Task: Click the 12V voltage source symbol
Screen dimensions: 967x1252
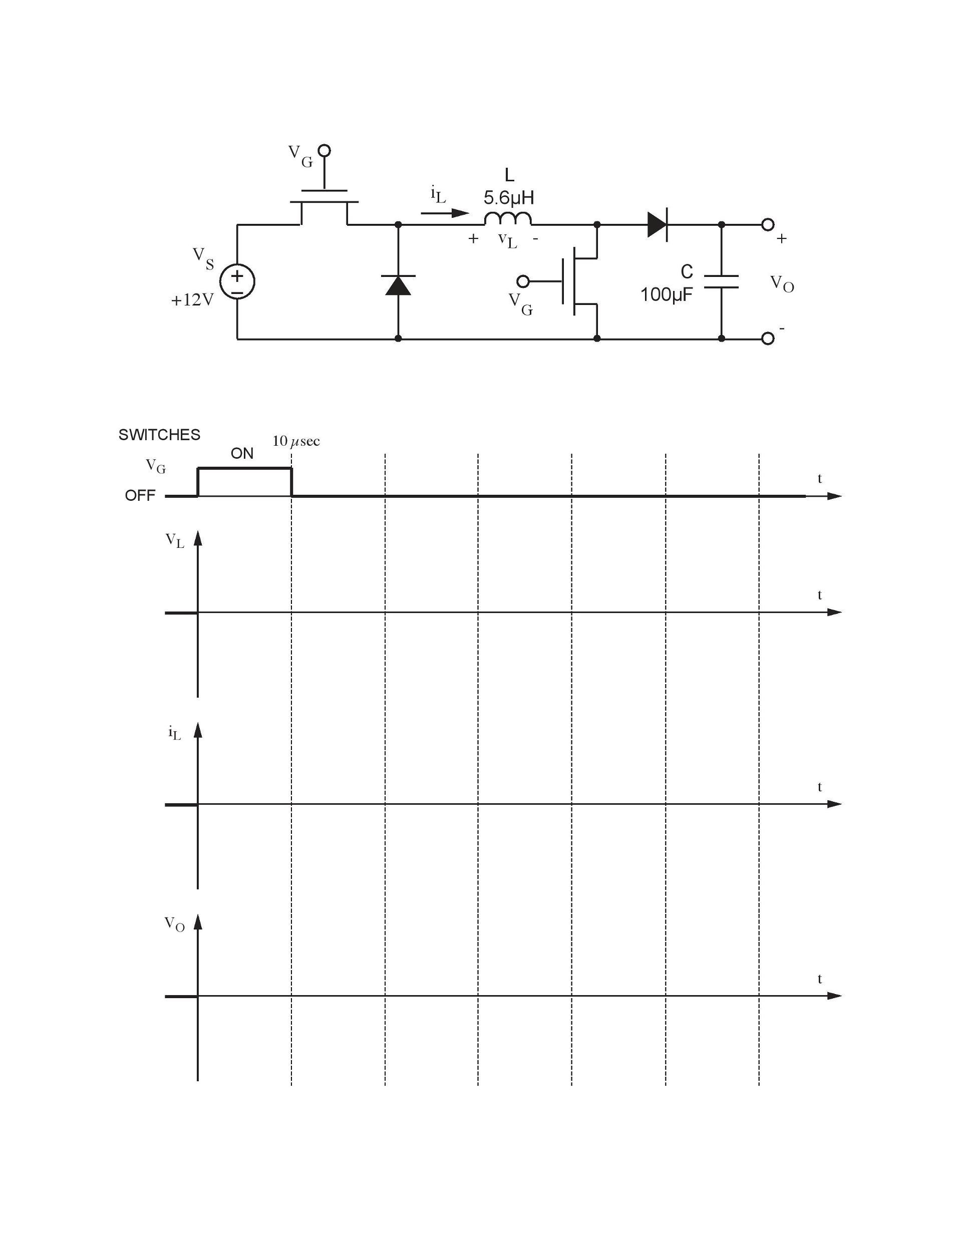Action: click(x=237, y=281)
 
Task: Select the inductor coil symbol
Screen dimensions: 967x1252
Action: click(x=508, y=218)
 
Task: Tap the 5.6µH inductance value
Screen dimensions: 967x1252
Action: click(x=508, y=198)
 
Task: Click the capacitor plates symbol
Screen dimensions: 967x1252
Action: click(x=721, y=281)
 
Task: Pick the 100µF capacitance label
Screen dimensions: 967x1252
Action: click(x=666, y=294)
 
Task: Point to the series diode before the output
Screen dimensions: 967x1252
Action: click(x=658, y=225)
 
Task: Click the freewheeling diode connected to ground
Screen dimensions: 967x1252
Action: click(x=399, y=285)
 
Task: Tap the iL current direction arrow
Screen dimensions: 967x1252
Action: click(x=445, y=213)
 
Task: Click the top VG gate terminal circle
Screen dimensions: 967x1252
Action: click(x=324, y=151)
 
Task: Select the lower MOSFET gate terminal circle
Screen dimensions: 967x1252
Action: click(x=523, y=281)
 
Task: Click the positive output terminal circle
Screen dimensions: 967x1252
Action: click(x=768, y=225)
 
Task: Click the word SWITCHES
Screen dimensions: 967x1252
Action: click(x=159, y=435)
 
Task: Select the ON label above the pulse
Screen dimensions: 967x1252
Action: click(x=242, y=453)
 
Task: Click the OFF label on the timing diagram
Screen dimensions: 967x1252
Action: click(x=140, y=495)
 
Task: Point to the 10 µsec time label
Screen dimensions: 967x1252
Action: click(x=296, y=441)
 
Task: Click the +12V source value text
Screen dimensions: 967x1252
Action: click(x=192, y=300)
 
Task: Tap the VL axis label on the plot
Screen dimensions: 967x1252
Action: click(x=175, y=540)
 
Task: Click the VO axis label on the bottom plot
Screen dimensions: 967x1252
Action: click(x=175, y=924)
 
